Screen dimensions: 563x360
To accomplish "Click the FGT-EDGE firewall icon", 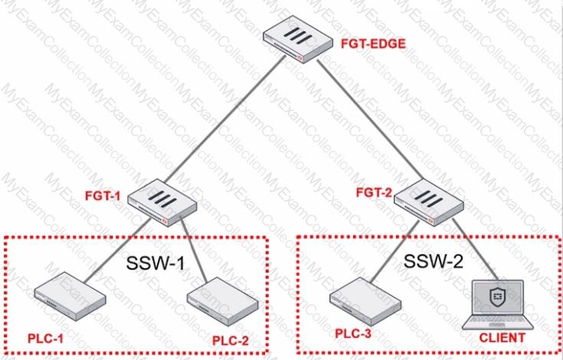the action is click(x=298, y=39).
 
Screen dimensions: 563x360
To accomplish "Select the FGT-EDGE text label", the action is click(x=373, y=44).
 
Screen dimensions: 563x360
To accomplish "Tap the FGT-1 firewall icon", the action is click(x=162, y=202).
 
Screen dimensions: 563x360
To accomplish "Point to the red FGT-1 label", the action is click(x=103, y=196).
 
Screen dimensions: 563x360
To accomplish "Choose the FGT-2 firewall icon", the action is click(x=429, y=202).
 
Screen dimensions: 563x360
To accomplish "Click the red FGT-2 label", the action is click(x=374, y=193).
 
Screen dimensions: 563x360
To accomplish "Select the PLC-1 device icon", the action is click(x=70, y=296).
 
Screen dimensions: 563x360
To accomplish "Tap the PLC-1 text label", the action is click(x=46, y=338).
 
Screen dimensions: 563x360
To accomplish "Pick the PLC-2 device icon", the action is click(x=223, y=302).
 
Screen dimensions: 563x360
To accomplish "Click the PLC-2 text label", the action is click(x=231, y=340).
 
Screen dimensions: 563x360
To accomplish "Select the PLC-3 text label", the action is click(x=353, y=333).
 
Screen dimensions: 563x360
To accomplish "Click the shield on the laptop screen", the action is click(x=497, y=296).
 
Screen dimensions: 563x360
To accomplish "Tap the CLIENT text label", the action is click(x=502, y=338).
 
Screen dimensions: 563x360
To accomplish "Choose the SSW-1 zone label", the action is click(x=155, y=263).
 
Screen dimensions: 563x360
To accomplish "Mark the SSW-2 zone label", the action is click(x=434, y=261).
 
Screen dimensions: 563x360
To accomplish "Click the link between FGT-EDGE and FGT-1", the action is click(x=225, y=119).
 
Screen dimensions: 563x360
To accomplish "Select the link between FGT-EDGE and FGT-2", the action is click(x=370, y=119).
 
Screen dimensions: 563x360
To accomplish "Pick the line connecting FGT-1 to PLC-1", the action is click(x=118, y=250).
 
